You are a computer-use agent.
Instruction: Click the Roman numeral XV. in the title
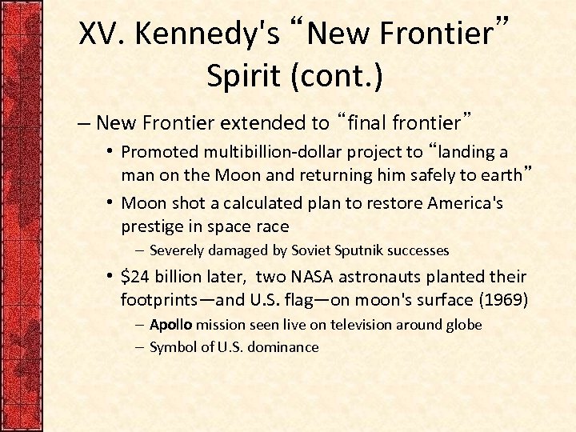[104, 34]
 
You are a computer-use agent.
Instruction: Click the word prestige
[150, 226]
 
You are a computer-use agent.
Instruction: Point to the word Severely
[176, 251]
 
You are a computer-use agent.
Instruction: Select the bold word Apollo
[171, 325]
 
